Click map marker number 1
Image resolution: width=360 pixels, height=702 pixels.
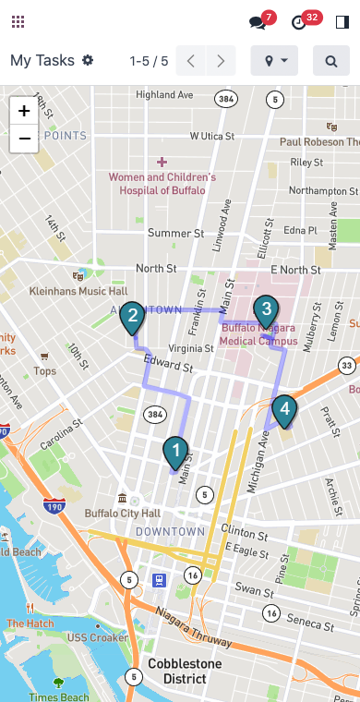click(175, 452)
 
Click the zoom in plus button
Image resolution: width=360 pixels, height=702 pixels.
click(24, 111)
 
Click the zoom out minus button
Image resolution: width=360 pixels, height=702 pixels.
click(24, 139)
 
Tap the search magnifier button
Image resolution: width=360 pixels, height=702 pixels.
click(331, 61)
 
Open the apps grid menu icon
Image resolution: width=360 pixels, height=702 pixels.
click(18, 22)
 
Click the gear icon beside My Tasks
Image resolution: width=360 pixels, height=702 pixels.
click(88, 60)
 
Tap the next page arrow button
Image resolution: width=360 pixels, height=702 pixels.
click(221, 61)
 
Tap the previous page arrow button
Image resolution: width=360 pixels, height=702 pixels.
click(191, 61)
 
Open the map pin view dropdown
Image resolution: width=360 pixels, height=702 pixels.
click(274, 61)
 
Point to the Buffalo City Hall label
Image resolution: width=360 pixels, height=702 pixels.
click(123, 513)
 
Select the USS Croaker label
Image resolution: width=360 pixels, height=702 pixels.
click(97, 637)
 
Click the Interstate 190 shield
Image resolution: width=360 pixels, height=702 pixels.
click(54, 506)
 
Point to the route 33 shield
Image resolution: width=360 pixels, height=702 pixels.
click(346, 367)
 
